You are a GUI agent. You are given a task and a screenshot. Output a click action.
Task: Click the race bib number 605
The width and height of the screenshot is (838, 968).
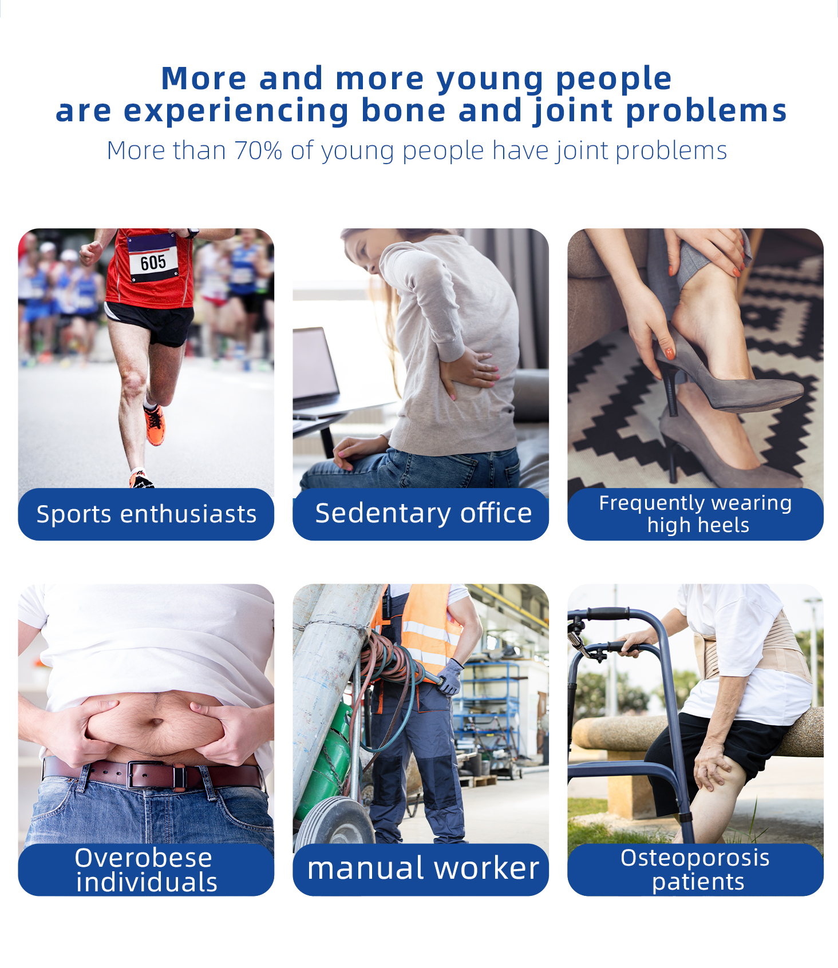[153, 263]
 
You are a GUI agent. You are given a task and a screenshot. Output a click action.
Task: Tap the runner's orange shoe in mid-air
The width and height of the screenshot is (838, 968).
[155, 425]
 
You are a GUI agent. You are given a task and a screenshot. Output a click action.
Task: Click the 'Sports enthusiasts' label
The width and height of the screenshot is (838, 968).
[147, 514]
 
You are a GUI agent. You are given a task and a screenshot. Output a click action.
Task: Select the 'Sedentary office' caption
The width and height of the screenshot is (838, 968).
[424, 513]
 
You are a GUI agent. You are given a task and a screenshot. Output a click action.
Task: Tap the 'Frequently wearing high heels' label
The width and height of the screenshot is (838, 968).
[695, 514]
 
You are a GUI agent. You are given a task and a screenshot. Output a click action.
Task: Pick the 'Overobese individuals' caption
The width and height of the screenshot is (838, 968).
[145, 870]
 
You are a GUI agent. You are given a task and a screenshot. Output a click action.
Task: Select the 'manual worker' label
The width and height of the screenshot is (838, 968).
[423, 868]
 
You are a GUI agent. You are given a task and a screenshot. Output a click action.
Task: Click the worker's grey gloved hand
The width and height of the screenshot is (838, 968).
[450, 677]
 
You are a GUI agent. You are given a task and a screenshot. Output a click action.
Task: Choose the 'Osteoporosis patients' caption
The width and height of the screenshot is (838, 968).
[695, 870]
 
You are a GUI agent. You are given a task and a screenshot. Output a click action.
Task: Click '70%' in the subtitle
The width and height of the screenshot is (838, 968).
[258, 150]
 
